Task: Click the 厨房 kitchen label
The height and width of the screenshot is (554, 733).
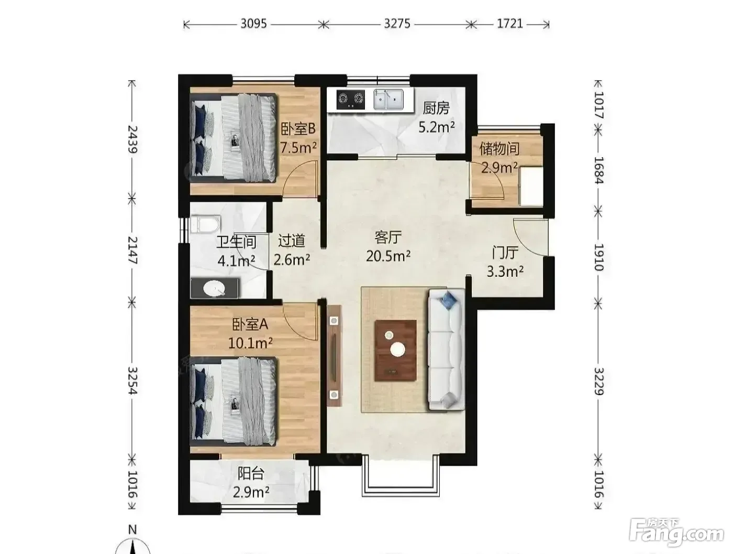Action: pos(436,108)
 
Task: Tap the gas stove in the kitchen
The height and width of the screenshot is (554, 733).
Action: pos(350,99)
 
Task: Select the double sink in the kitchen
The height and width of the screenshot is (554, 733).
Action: pos(388,99)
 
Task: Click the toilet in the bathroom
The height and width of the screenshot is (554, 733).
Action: pos(205,224)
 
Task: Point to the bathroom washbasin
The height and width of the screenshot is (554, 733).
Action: pos(214,288)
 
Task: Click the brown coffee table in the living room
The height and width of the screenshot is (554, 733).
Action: pos(395,350)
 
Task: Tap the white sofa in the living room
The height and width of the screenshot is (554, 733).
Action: pos(446,350)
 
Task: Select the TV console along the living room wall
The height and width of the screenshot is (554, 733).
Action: pos(334,355)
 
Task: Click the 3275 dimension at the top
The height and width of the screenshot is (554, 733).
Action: pos(397,24)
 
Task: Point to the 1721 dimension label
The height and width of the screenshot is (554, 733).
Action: pos(509,24)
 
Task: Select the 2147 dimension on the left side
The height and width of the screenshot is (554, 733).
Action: pos(133,250)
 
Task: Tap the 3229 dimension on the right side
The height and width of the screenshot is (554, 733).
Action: pos(599,381)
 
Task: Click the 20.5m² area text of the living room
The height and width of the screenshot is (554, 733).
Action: pos(388,256)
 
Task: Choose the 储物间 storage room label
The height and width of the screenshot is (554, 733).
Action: pos(499,149)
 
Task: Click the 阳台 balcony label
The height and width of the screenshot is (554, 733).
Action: pos(251,473)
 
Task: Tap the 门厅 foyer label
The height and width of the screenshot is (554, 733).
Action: pos(505,253)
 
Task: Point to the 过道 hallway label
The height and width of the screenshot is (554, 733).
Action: pos(292,241)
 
